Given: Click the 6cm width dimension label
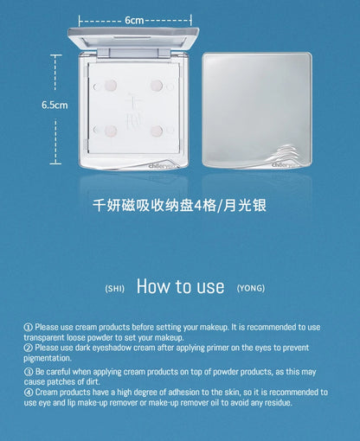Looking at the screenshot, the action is tap(134, 20).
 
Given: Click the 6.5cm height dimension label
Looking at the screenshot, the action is tap(55, 105).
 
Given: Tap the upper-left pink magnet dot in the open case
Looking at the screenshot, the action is tap(111, 85).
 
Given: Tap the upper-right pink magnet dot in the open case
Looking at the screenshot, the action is tap(156, 85).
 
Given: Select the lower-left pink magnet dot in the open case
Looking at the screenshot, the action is tap(111, 131).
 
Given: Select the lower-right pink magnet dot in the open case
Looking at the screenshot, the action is tap(156, 131).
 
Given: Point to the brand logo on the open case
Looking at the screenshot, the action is tap(162, 165).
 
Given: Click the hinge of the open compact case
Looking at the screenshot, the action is tap(133, 53).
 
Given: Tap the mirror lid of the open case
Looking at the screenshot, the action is tap(133, 37).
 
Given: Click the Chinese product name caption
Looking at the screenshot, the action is tap(179, 206).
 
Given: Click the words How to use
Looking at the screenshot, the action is tap(180, 286).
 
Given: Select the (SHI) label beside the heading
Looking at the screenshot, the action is tap(115, 289).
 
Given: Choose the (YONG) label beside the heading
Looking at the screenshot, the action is tap(251, 288).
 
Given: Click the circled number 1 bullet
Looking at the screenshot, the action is tap(28, 327).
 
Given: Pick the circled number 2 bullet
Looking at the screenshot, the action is tap(28, 348).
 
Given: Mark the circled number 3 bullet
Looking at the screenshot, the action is tap(29, 372).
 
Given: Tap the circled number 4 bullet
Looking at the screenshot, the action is tap(29, 393).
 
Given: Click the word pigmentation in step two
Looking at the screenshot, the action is tap(48, 358).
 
